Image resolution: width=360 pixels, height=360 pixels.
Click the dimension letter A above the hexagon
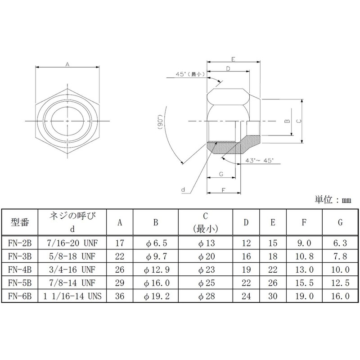[x=67, y=65]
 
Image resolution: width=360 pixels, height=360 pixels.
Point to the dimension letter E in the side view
[x=232, y=59]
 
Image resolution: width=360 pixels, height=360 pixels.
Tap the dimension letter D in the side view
[x=228, y=69]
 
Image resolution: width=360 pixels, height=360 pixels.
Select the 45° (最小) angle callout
[x=191, y=74]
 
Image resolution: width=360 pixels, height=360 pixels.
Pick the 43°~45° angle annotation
[x=259, y=160]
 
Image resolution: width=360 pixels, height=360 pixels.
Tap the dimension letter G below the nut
[x=221, y=173]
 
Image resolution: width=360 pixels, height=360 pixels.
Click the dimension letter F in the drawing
[x=224, y=189]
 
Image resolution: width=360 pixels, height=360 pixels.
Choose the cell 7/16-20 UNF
[x=72, y=243]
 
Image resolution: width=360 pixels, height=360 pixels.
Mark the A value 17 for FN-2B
[x=120, y=243]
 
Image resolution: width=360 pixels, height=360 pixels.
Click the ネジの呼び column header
[x=72, y=217]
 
